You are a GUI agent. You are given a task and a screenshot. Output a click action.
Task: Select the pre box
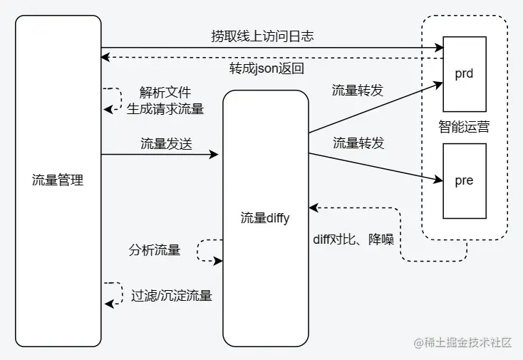click(464, 181)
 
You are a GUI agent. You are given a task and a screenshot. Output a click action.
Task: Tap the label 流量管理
click(58, 180)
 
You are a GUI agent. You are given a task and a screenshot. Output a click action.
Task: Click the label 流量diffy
click(265, 218)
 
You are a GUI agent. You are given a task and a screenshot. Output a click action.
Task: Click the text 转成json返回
click(267, 69)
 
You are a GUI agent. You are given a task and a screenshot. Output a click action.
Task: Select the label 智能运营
click(464, 128)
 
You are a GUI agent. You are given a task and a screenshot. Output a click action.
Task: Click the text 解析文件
click(165, 93)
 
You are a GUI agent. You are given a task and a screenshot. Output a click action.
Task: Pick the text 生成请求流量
click(165, 109)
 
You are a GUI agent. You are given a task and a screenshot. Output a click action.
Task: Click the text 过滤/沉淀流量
click(172, 295)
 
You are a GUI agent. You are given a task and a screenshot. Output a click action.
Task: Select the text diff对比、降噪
click(353, 238)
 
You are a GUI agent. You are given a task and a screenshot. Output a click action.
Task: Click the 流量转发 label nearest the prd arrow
click(358, 91)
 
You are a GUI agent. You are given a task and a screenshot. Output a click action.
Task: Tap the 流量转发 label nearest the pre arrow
click(358, 143)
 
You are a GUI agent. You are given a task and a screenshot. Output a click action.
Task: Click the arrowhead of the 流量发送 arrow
click(214, 154)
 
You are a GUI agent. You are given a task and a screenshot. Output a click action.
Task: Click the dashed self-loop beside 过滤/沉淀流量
click(111, 294)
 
